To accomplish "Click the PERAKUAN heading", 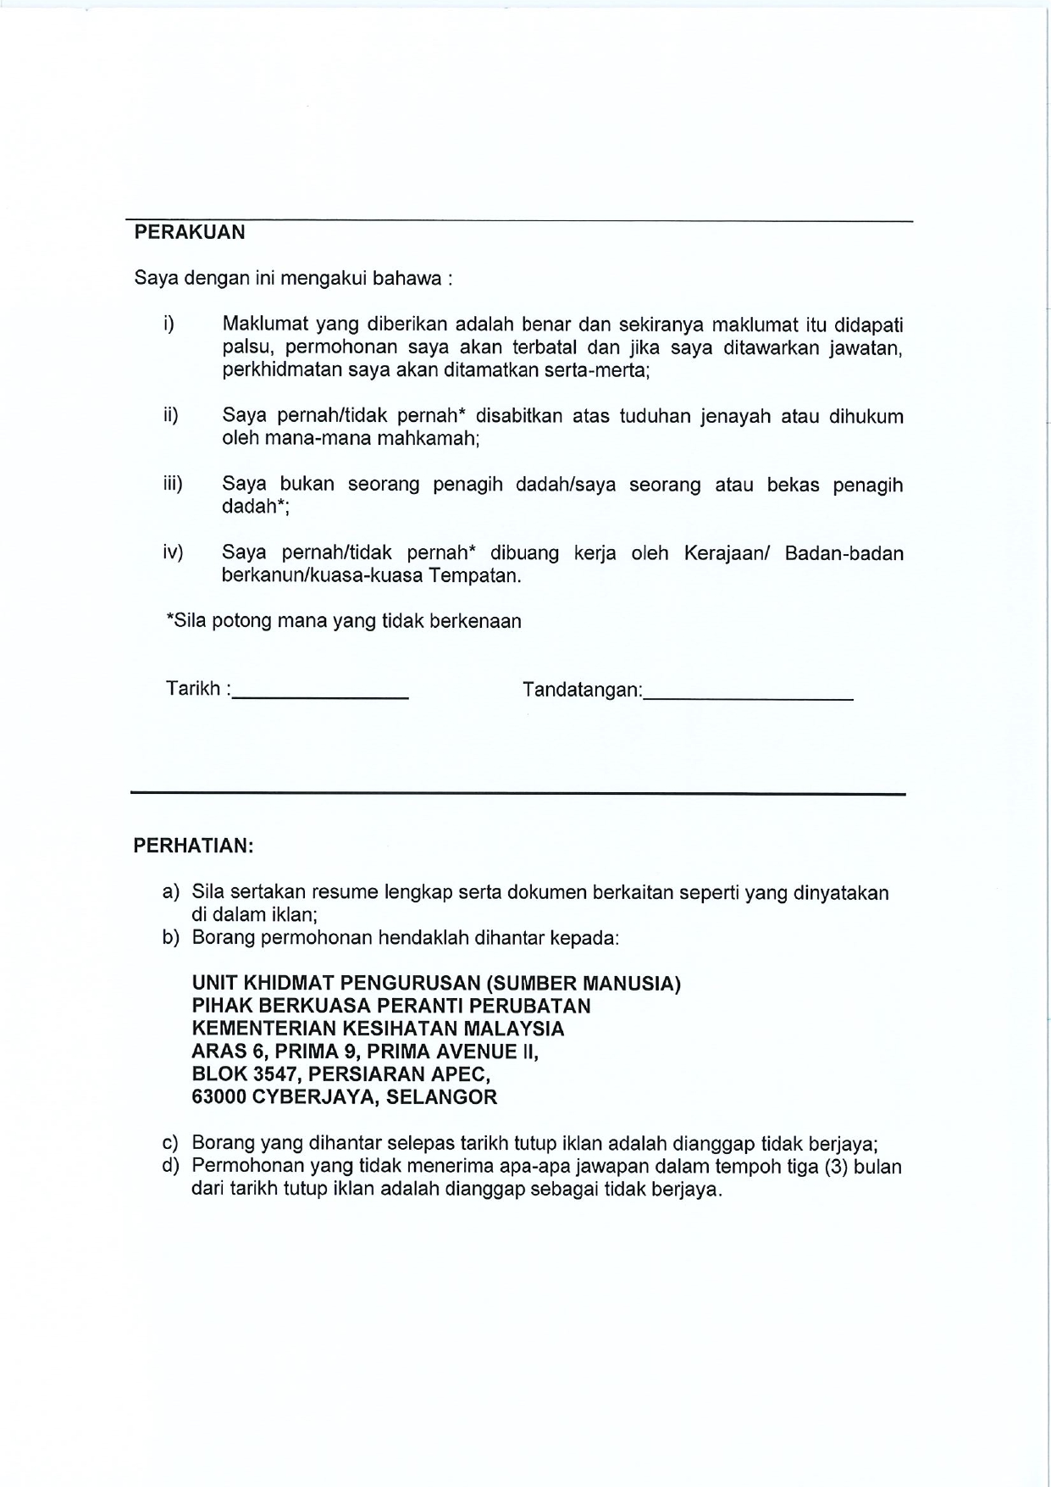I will (190, 232).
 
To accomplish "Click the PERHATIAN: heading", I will (193, 846).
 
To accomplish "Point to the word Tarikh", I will (193, 689).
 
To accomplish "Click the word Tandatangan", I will (581, 690).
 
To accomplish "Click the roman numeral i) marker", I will (169, 324).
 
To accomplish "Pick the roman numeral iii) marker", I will (173, 484).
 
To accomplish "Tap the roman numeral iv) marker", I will (173, 552).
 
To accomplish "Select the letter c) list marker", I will (170, 1143).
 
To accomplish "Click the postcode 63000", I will (219, 1097).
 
